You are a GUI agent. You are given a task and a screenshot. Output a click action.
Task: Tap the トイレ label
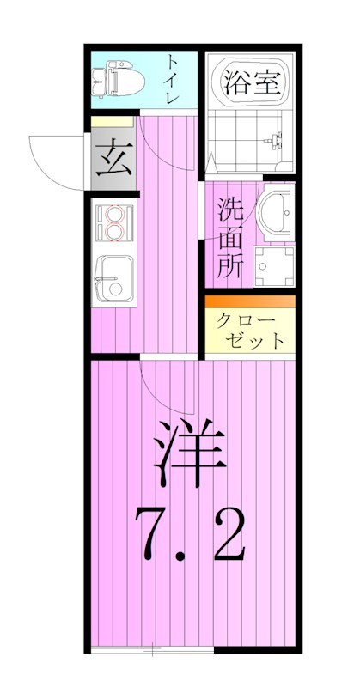click(x=173, y=78)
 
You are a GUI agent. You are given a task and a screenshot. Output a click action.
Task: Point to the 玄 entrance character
click(x=113, y=161)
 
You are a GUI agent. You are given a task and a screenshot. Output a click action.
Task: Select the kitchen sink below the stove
click(x=113, y=277)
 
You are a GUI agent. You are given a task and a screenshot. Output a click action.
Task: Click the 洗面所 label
click(x=229, y=237)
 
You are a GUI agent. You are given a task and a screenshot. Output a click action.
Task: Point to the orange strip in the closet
click(x=249, y=301)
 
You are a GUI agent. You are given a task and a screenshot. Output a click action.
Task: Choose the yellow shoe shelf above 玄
click(x=113, y=123)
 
